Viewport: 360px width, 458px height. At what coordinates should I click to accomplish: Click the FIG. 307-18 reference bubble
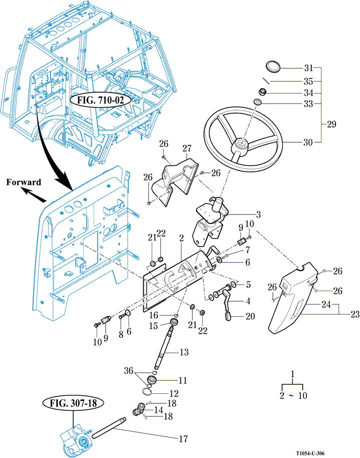[72, 402]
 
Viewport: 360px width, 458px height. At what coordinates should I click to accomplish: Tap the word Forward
[24, 182]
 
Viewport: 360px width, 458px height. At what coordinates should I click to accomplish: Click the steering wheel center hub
[241, 145]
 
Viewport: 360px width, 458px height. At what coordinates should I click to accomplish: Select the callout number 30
[308, 142]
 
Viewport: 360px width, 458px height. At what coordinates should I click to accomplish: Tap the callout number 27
[188, 149]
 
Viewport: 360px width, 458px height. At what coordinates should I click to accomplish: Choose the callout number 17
[183, 439]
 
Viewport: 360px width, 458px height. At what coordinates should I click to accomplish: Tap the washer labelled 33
[256, 102]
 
